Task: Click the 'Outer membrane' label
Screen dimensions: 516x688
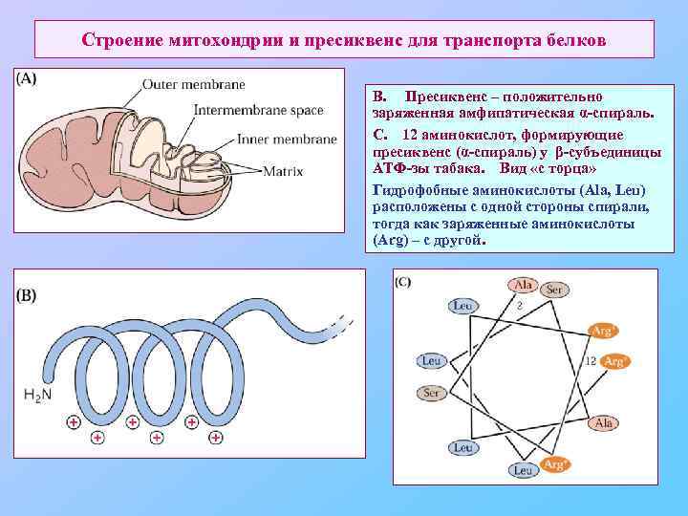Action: [193, 85]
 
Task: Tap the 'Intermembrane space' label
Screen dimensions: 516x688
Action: [258, 110]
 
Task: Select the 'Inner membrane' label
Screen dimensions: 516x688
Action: [286, 139]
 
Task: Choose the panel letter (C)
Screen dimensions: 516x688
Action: [402, 281]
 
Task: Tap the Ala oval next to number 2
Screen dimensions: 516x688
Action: [523, 285]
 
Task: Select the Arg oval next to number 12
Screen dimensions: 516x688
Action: [616, 361]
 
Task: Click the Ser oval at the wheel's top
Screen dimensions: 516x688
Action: [553, 289]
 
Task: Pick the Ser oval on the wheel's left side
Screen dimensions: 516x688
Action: [432, 393]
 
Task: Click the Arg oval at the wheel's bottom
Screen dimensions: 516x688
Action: [553, 464]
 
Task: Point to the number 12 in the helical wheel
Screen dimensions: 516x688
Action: [590, 361]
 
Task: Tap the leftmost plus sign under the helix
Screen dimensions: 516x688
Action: [73, 421]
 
